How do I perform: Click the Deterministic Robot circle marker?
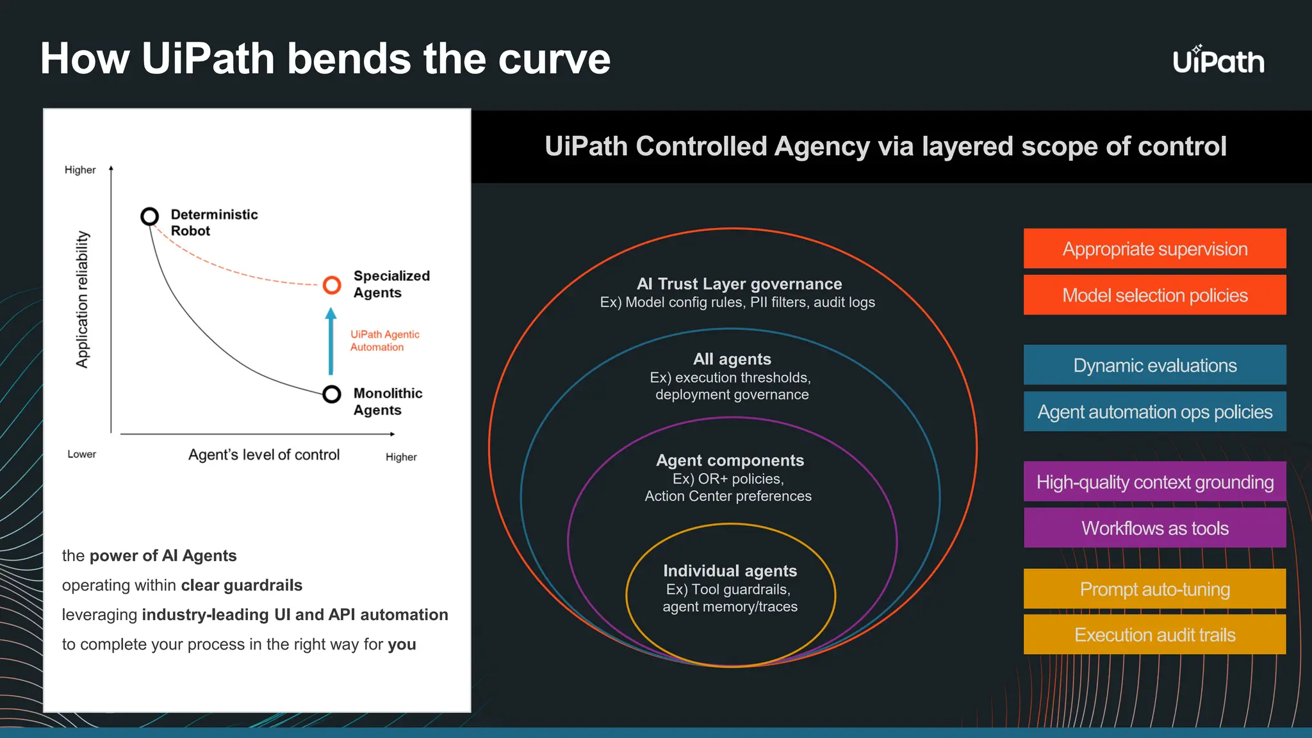coord(150,217)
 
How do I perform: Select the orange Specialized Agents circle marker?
coord(332,284)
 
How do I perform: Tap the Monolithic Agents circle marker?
coord(332,394)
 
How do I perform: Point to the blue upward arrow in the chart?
coord(331,342)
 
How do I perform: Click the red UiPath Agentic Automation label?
coord(384,341)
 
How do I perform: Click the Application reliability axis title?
coord(83,299)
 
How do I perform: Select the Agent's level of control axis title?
coord(264,455)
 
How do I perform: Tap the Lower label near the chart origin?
coord(81,454)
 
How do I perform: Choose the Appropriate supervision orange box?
coord(1154,249)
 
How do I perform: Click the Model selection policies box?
coord(1154,295)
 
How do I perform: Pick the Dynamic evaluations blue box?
coord(1154,365)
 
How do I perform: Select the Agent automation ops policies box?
coord(1154,412)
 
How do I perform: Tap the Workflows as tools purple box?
coord(1154,529)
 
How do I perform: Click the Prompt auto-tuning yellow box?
coord(1154,589)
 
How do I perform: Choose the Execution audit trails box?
coord(1154,635)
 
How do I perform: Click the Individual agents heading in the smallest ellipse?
coord(730,571)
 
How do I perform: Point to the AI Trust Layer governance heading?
coord(739,284)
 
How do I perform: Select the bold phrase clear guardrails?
coord(242,586)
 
